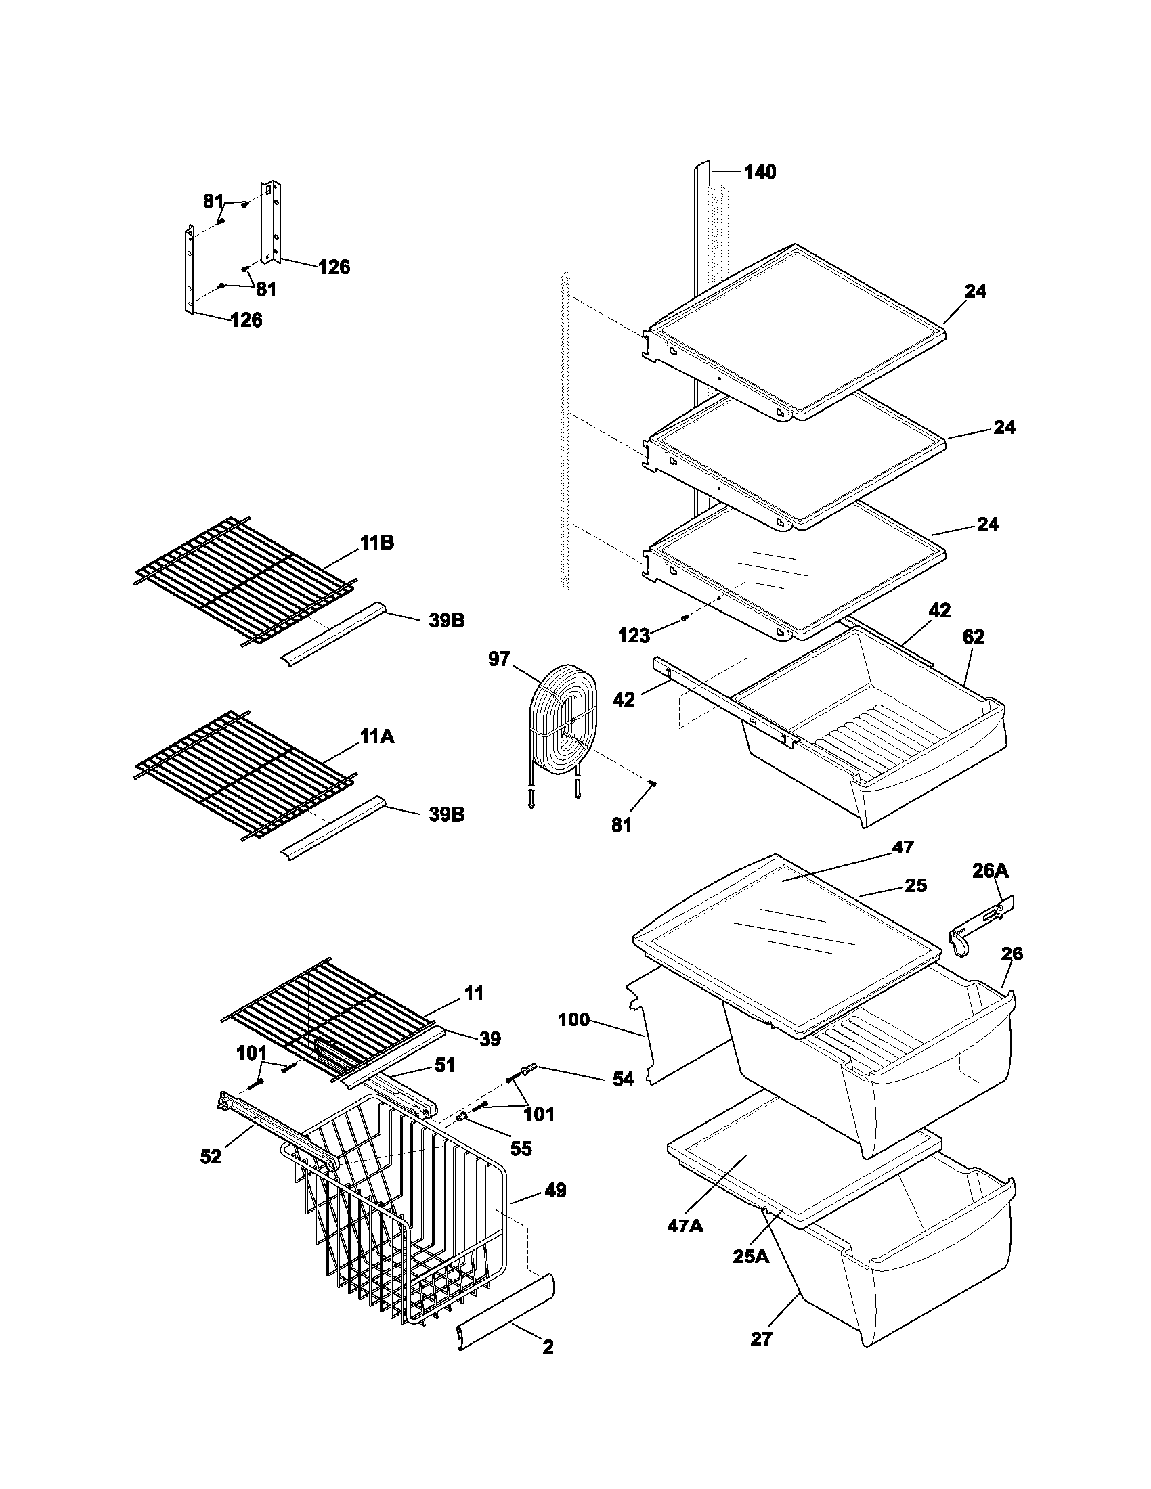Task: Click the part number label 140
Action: (x=760, y=172)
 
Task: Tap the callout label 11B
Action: (x=377, y=543)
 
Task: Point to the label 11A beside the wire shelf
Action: (x=377, y=737)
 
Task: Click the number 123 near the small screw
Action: (x=634, y=636)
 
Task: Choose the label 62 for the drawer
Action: (x=973, y=637)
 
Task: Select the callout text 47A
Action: (x=685, y=1225)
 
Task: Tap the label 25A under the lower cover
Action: (x=751, y=1255)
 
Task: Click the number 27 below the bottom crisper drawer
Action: (x=761, y=1339)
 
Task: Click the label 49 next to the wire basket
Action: (x=555, y=1191)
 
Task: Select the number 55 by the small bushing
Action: (x=521, y=1148)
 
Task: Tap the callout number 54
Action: (x=622, y=1078)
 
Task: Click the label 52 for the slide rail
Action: (x=211, y=1156)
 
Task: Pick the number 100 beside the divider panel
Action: (x=574, y=1020)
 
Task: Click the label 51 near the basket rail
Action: (x=445, y=1064)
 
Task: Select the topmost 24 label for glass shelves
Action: (x=975, y=291)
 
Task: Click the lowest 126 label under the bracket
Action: (x=246, y=319)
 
